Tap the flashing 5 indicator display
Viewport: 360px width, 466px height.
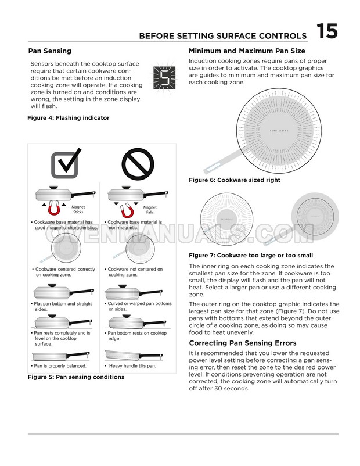pyautogui.click(x=165, y=76)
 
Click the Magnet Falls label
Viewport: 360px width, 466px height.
pyautogui.click(x=150, y=210)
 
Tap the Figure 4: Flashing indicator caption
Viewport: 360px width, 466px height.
pyautogui.click(x=68, y=118)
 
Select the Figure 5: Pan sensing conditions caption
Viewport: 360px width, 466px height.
pyautogui.click(x=75, y=377)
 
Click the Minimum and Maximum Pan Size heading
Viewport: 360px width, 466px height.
pyautogui.click(x=247, y=51)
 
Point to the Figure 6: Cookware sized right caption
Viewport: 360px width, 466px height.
pyautogui.click(x=235, y=180)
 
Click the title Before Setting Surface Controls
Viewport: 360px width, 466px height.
pyautogui.click(x=223, y=37)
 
